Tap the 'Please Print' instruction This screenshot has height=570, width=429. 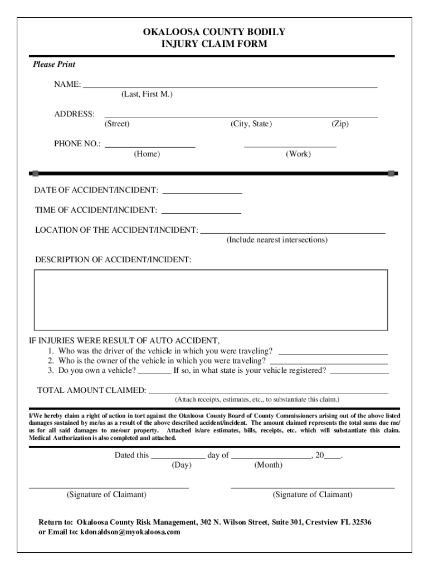(x=54, y=65)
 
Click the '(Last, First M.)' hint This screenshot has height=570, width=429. (x=147, y=95)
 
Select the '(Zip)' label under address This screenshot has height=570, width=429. (x=340, y=124)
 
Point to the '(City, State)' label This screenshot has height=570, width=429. (x=251, y=124)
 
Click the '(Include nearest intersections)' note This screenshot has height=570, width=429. (x=277, y=240)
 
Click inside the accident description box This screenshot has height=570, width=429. (x=211, y=300)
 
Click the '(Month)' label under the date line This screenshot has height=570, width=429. (x=269, y=465)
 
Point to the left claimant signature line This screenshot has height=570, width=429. (x=109, y=487)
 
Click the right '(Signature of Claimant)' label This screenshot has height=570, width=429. (x=313, y=495)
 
